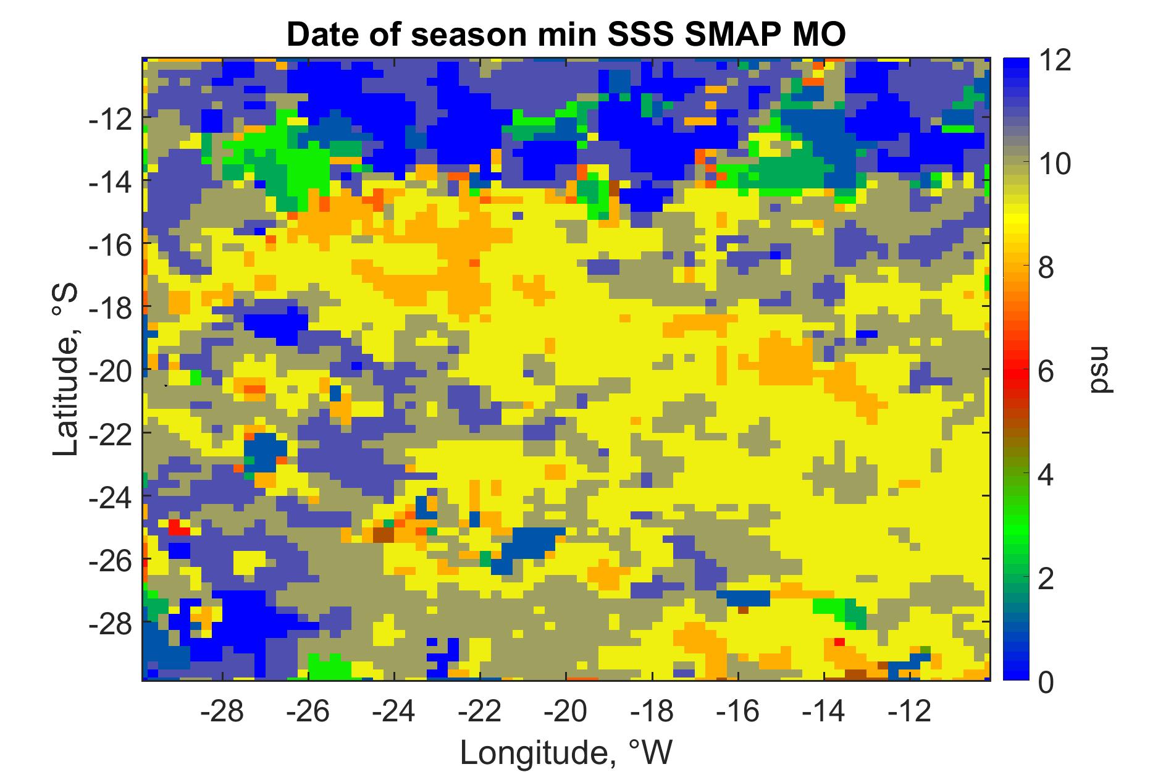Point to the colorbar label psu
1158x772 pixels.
(x=1098, y=370)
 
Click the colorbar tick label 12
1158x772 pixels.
(x=1052, y=61)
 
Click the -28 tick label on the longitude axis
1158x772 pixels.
(x=222, y=712)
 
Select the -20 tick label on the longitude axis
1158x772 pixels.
(x=566, y=712)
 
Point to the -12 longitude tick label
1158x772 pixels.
(x=910, y=712)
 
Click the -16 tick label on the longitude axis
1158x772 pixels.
(x=739, y=712)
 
